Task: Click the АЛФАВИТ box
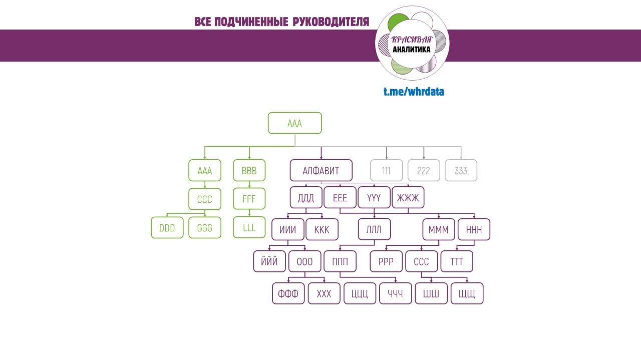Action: point(321,171)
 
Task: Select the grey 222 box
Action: point(424,171)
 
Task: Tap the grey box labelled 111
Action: point(386,171)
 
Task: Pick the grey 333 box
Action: point(461,171)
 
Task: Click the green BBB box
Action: point(249,171)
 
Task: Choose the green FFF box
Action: point(249,199)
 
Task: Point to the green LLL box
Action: point(249,228)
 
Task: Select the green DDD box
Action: point(167,228)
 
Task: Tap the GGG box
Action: point(204,228)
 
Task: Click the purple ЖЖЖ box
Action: point(408,198)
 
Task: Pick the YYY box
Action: point(374,198)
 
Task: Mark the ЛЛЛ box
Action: point(374,230)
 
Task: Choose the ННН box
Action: point(474,230)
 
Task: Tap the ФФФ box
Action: point(288,294)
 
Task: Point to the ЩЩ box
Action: point(467,294)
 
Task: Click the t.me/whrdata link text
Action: point(414,92)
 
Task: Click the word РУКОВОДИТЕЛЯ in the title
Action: point(331,22)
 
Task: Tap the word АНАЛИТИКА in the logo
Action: point(411,50)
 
